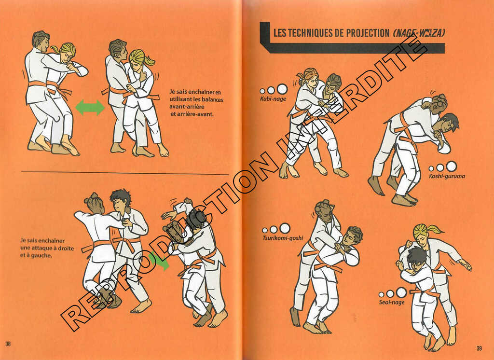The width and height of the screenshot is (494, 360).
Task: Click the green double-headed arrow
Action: [90, 108]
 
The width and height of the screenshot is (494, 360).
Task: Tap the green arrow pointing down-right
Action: [160, 262]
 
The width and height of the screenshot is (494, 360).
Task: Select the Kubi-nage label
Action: [273, 99]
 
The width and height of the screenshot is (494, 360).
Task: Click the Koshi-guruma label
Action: [447, 176]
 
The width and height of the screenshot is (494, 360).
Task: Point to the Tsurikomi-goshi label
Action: [283, 238]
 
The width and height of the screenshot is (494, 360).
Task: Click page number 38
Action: [8, 344]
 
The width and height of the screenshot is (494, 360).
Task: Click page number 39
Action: [479, 348]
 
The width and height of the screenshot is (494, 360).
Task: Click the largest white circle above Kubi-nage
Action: [282, 89]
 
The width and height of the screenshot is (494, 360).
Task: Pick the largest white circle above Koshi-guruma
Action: [451, 166]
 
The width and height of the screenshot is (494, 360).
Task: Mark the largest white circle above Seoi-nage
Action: [401, 292]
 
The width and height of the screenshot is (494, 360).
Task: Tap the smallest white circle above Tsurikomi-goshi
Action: [265, 231]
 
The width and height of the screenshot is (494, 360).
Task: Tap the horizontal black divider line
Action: [125, 173]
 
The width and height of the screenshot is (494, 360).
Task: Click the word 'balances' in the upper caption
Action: [213, 99]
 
